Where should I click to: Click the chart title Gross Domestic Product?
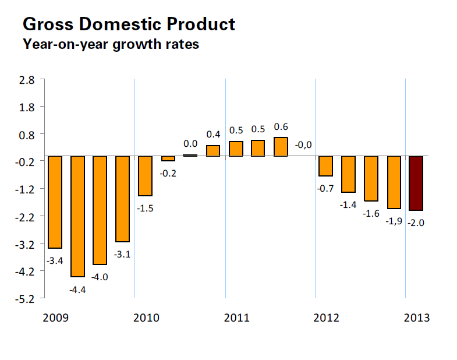[x=128, y=24]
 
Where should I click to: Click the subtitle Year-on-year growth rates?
[x=111, y=44]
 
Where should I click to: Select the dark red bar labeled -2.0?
[x=416, y=183]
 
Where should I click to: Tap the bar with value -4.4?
[x=77, y=216]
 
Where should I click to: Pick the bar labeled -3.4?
[x=55, y=202]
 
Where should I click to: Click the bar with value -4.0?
[x=100, y=210]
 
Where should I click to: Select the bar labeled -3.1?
[x=122, y=199]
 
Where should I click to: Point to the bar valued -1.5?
[x=145, y=176]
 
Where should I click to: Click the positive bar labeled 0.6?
[x=281, y=147]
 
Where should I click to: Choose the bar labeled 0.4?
[x=213, y=151]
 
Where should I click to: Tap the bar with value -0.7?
[x=325, y=166]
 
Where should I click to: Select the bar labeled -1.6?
[x=371, y=178]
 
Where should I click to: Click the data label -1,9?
[x=394, y=221]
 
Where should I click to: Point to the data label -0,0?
[x=303, y=144]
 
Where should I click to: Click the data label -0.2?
[x=168, y=173]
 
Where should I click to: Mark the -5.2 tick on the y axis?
[x=27, y=299]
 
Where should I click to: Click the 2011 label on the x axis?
[x=236, y=318]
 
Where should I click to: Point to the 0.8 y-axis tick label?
[x=28, y=134]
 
